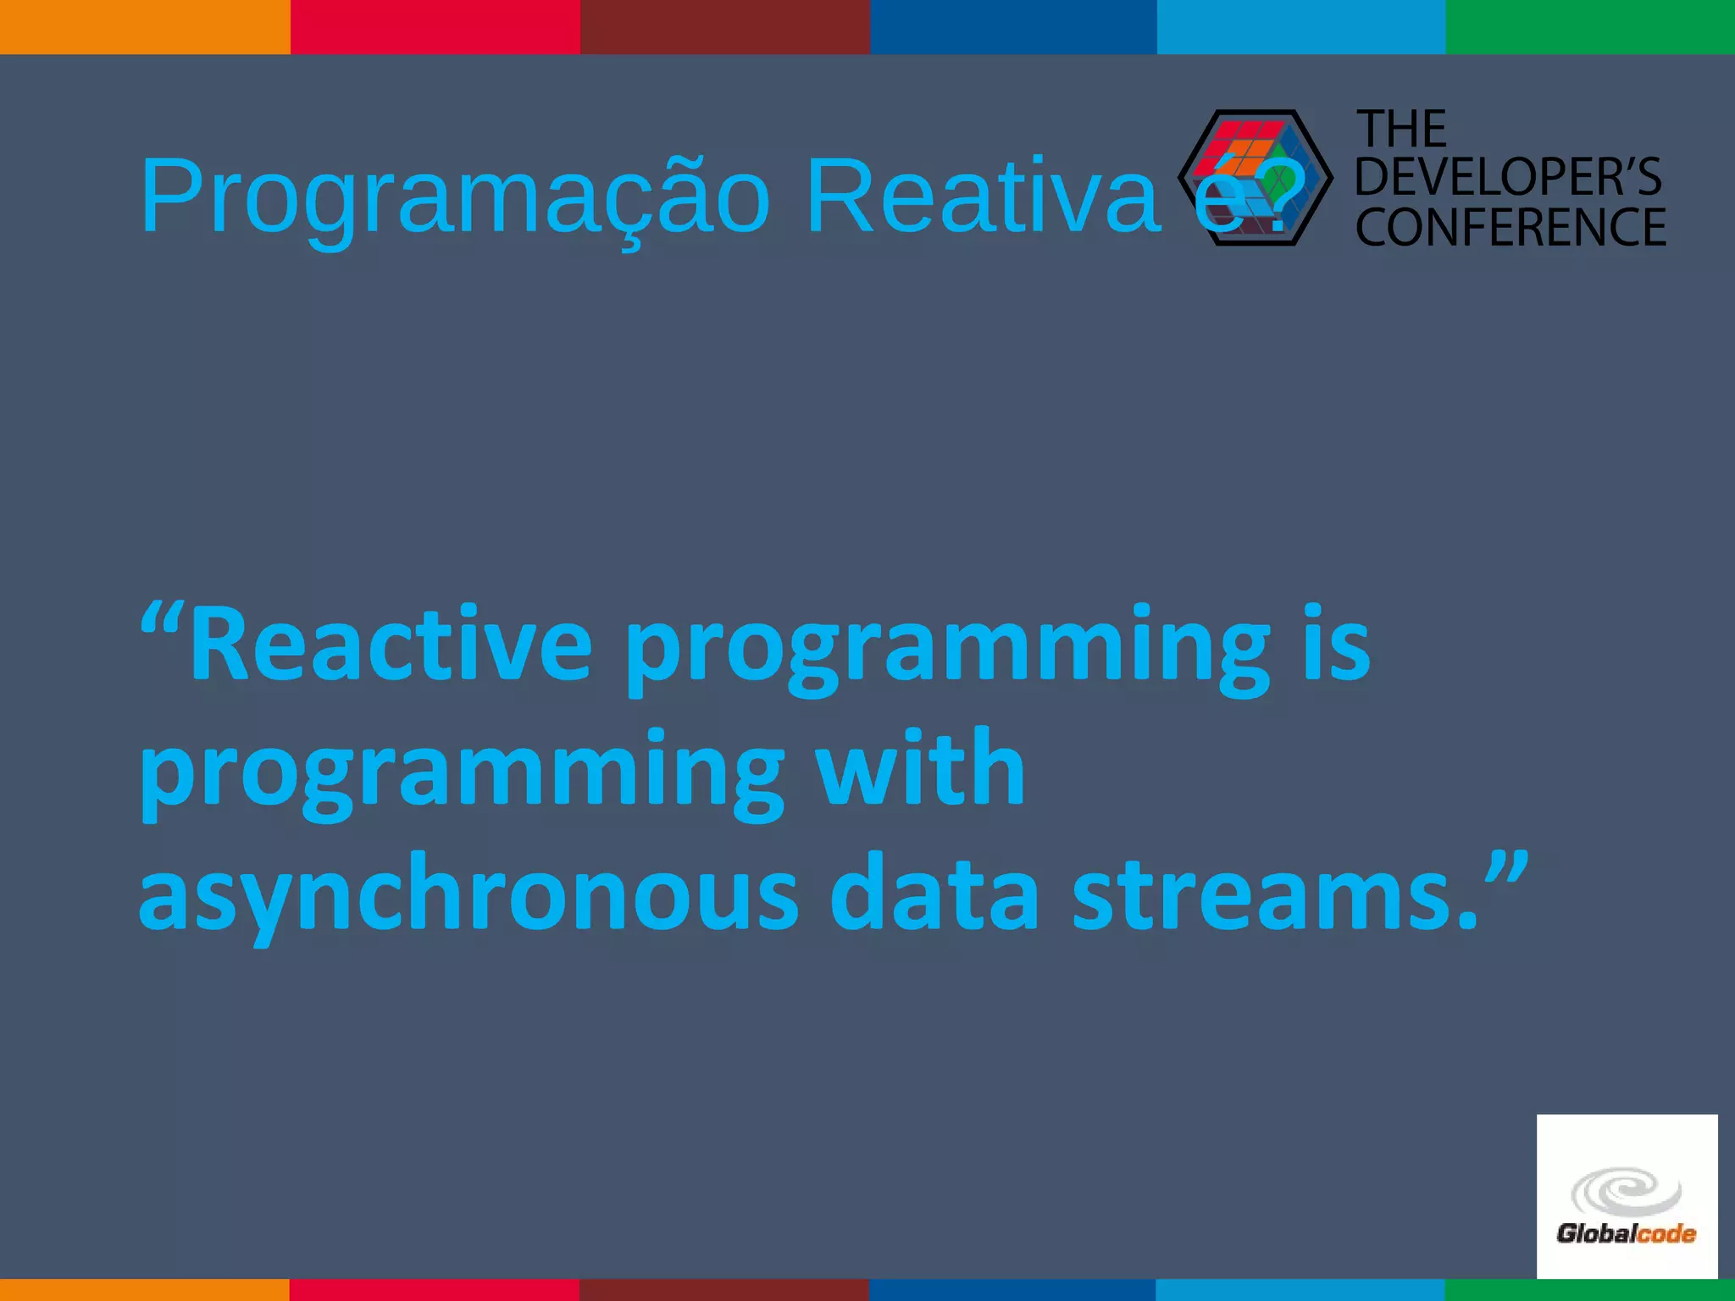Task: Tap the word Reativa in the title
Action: point(983,197)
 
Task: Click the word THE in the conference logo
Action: point(1402,130)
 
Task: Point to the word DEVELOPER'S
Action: point(1509,177)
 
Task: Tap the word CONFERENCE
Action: point(1511,227)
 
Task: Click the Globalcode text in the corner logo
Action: point(1626,1234)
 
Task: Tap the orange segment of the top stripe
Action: point(145,26)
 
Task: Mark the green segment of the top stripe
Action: point(1590,26)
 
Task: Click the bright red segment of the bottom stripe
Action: point(435,1290)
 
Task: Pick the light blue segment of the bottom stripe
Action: point(1300,1290)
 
